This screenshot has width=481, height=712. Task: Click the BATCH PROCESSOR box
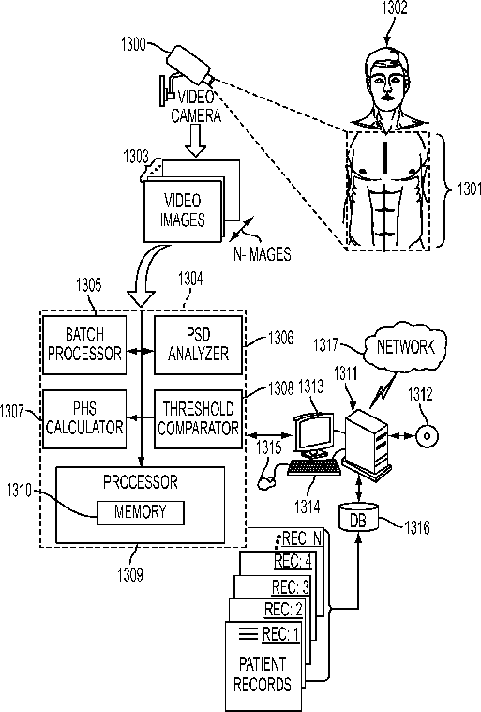coord(84,345)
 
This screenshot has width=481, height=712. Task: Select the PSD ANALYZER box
coord(198,345)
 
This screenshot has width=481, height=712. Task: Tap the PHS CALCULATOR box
coord(84,419)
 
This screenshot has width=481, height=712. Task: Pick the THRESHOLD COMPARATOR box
coord(198,419)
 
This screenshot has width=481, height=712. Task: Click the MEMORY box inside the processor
coord(141,512)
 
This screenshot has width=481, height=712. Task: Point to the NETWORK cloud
coord(405,347)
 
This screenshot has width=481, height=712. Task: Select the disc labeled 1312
coord(427,436)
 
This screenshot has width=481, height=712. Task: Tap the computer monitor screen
coord(312,432)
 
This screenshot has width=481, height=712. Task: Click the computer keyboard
coord(314,467)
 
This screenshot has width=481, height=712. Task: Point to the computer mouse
coord(265,482)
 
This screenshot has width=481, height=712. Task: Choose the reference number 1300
coord(133,44)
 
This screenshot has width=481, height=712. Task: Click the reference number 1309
coord(130,575)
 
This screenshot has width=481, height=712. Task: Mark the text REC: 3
coord(291,586)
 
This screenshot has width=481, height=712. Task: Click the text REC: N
coord(302,539)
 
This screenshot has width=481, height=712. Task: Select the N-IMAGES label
coord(263,253)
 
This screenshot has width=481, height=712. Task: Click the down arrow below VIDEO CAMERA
coord(196,141)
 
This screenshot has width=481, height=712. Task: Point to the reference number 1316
coord(417,527)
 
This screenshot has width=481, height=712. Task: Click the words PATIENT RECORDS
coord(263,674)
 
